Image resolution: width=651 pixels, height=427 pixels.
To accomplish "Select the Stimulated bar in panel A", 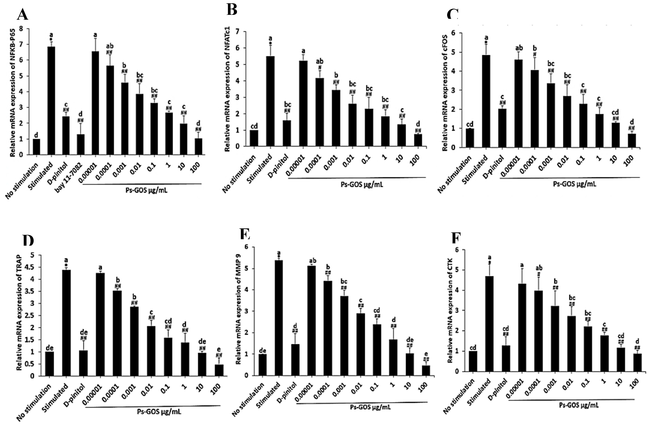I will click(51, 101).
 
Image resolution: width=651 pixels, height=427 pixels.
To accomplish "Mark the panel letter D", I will click(28, 240).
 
